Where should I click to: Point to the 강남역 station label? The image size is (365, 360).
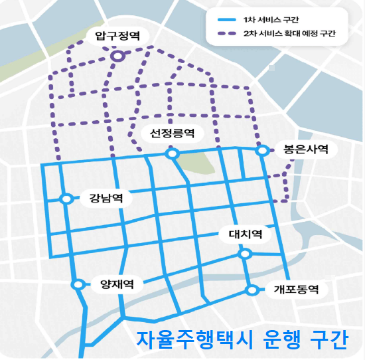pos(106,198)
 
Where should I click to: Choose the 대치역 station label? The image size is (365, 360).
pos(246,234)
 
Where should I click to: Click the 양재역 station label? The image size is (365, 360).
pos(117,284)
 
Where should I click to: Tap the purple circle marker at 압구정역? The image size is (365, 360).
pos(117,57)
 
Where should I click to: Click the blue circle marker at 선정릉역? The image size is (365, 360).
pos(173,154)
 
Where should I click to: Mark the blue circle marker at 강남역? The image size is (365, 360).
pos(66,199)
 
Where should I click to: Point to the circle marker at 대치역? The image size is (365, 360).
pos(245,254)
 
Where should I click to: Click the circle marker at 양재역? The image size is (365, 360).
pos(78,284)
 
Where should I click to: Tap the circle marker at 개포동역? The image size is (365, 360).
pos(252,290)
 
